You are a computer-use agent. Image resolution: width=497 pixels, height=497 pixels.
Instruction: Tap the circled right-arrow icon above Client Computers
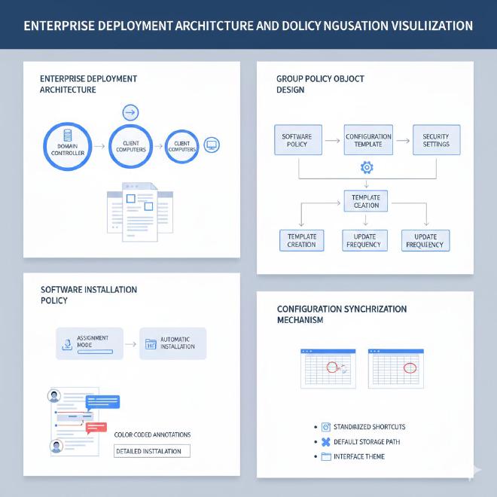click(x=130, y=113)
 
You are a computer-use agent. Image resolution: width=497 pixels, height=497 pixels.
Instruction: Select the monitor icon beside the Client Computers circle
click(x=212, y=145)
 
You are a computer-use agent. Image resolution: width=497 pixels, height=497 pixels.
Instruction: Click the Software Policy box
click(x=297, y=140)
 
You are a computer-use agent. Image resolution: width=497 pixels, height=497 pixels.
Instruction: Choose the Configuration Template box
click(x=368, y=140)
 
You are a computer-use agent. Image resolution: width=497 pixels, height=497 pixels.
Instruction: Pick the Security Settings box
click(x=436, y=140)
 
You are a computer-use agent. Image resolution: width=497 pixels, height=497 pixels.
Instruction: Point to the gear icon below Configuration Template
click(x=367, y=167)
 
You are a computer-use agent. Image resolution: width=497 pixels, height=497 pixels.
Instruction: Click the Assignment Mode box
click(x=89, y=342)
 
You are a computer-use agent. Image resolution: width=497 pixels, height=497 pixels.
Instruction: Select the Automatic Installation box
click(x=172, y=343)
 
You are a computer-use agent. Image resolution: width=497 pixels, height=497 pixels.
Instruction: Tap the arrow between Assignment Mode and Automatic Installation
click(x=130, y=343)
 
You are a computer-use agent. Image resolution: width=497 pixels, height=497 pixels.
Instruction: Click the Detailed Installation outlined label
click(x=152, y=451)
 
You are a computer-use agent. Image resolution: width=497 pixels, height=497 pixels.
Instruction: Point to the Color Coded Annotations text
click(x=152, y=434)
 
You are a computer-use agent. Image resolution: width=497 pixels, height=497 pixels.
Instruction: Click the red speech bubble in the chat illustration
click(x=96, y=428)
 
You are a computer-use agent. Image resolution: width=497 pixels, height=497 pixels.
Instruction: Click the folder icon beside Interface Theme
click(x=326, y=457)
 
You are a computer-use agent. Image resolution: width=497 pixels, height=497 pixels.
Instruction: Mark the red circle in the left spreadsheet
click(x=330, y=367)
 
